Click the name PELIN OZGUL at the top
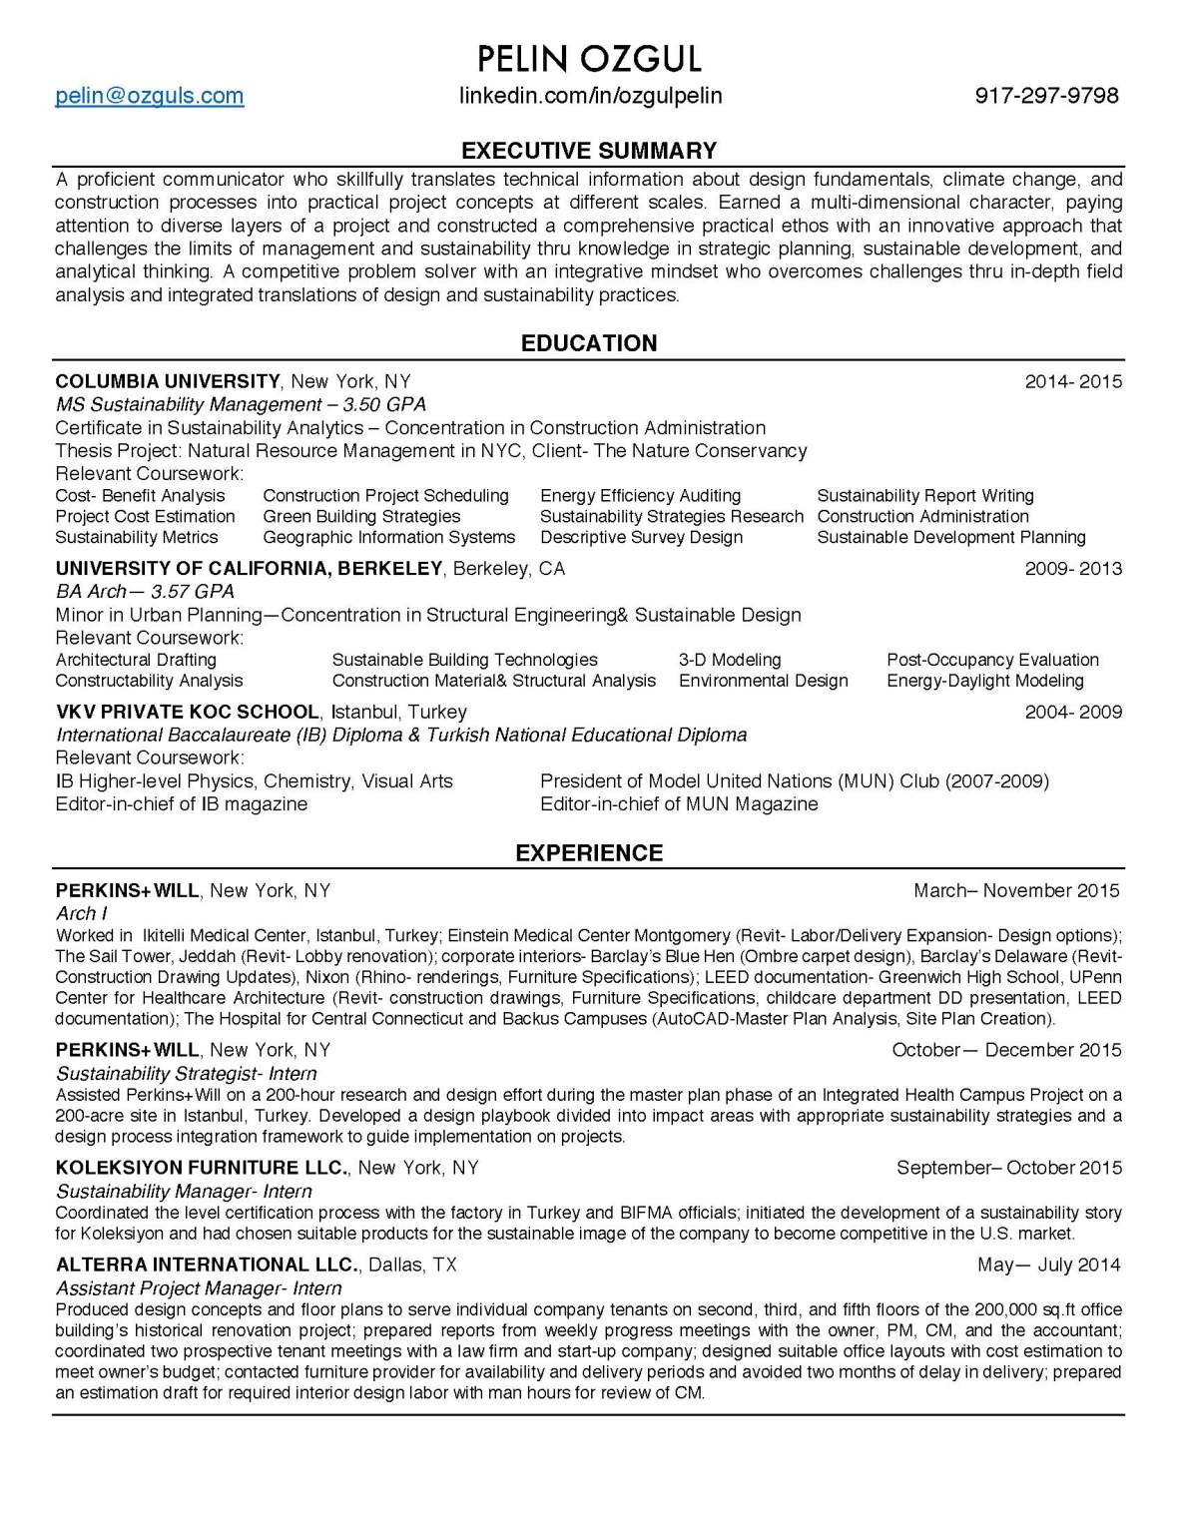pos(589,59)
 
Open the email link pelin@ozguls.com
pos(150,96)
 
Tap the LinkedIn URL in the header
pos(590,96)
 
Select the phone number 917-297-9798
pos(1046,96)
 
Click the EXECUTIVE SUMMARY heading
pos(589,151)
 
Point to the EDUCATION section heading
pos(589,343)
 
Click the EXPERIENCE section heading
pos(589,853)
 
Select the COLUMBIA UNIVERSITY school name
pos(168,381)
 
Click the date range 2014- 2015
pos(1073,381)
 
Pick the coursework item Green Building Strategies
pos(361,516)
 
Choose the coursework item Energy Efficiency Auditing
pos(640,496)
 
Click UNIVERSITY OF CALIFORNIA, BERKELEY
pos(249,569)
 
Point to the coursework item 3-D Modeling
pos(730,660)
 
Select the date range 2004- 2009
pos(1073,712)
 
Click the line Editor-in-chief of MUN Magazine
pos(679,804)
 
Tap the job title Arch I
pos(82,913)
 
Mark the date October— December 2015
pos(1006,1050)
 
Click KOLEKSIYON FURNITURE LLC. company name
pos(202,1168)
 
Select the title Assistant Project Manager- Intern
pos(199,1288)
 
